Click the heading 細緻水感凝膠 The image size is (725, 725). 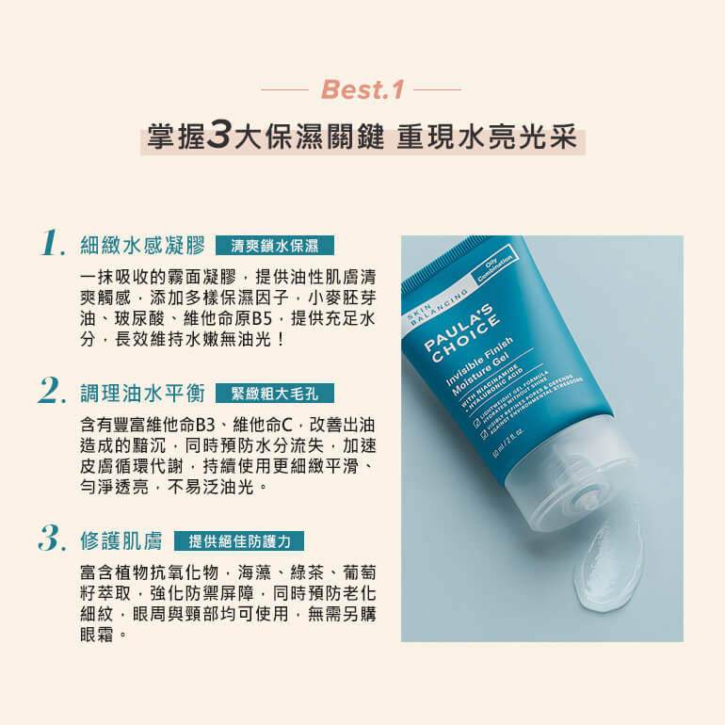(143, 246)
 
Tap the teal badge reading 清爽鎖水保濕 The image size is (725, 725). (275, 247)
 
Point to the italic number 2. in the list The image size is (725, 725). (53, 390)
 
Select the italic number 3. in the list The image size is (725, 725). (53, 539)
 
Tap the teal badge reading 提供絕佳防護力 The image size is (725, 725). (239, 541)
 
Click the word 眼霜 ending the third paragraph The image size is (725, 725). (100, 635)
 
